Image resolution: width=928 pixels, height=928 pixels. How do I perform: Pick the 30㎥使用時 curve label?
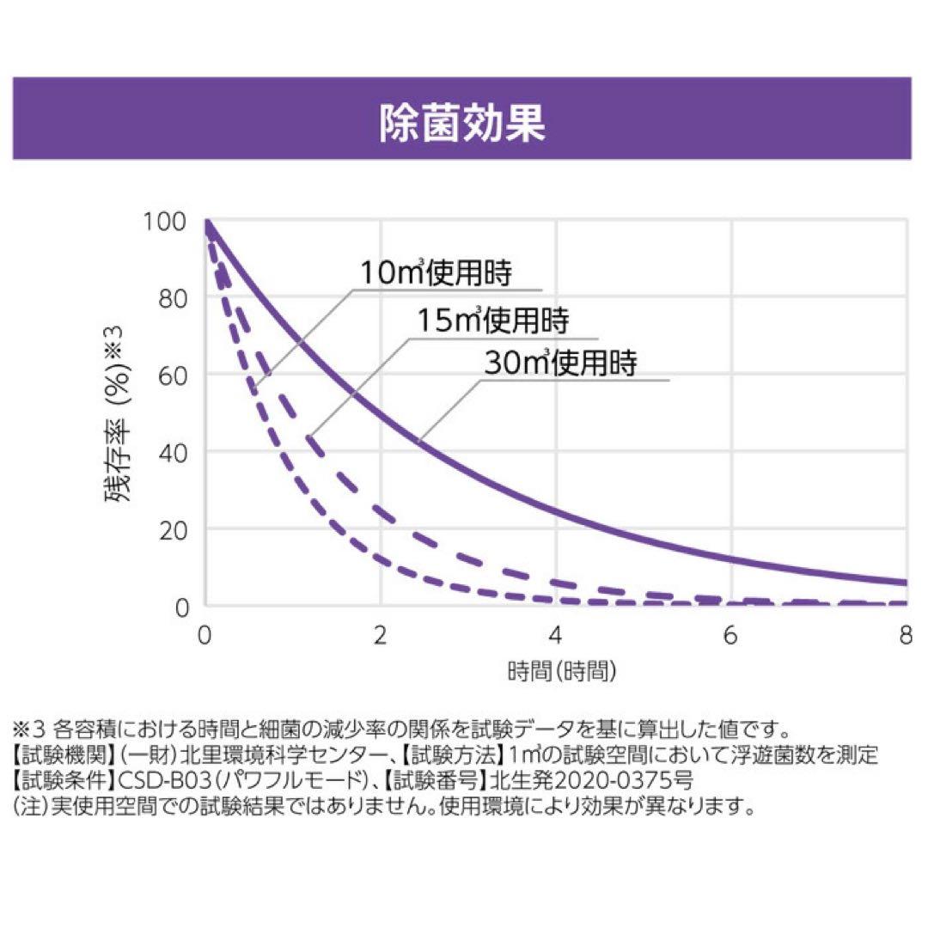coord(560,363)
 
